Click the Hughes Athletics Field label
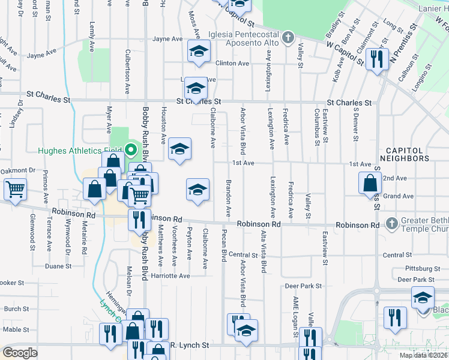[x=81, y=151]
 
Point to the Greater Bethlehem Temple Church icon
[x=392, y=223]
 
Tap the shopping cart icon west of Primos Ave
[x=15, y=189]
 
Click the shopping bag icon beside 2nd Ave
[x=370, y=182]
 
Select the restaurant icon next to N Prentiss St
[x=377, y=59]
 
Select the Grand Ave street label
[x=399, y=196]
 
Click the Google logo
[x=20, y=353]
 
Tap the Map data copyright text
[x=423, y=355]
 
